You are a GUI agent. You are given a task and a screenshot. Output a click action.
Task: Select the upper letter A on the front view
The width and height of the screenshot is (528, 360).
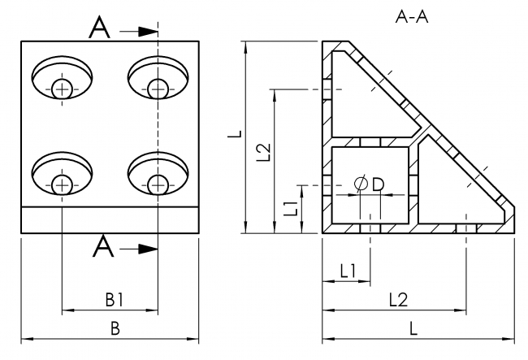point(99,29)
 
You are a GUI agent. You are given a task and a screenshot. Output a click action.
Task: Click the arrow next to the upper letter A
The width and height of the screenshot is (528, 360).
point(139,31)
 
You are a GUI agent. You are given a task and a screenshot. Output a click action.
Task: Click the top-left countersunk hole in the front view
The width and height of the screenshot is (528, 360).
point(62,80)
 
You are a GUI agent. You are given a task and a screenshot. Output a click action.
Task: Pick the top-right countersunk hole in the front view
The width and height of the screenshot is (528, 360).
point(158,80)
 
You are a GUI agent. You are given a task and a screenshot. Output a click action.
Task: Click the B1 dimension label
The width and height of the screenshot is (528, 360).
point(115,300)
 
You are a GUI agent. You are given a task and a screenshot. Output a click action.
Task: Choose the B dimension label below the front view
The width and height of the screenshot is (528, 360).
point(115,328)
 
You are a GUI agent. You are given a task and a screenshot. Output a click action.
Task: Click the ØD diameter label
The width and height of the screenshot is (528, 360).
point(370,184)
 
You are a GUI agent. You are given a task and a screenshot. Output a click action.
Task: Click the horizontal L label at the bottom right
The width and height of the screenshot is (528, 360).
point(413,328)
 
